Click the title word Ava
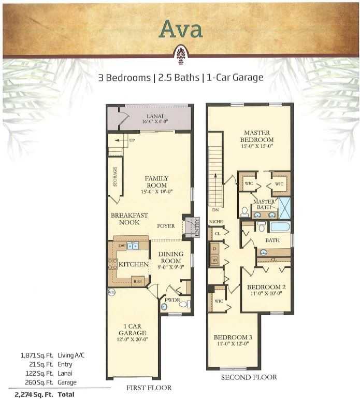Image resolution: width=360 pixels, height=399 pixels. [181, 30]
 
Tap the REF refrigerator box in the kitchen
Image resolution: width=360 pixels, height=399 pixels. [137, 281]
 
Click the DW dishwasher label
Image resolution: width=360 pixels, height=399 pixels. [122, 246]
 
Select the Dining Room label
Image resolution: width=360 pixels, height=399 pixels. [170, 258]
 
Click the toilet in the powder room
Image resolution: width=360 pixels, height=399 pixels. [185, 304]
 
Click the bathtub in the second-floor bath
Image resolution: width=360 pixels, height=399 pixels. [280, 227]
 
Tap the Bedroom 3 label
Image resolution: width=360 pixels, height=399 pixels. [232, 340]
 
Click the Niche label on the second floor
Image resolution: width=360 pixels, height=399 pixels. [216, 222]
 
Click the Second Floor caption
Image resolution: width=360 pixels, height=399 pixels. [249, 377]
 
